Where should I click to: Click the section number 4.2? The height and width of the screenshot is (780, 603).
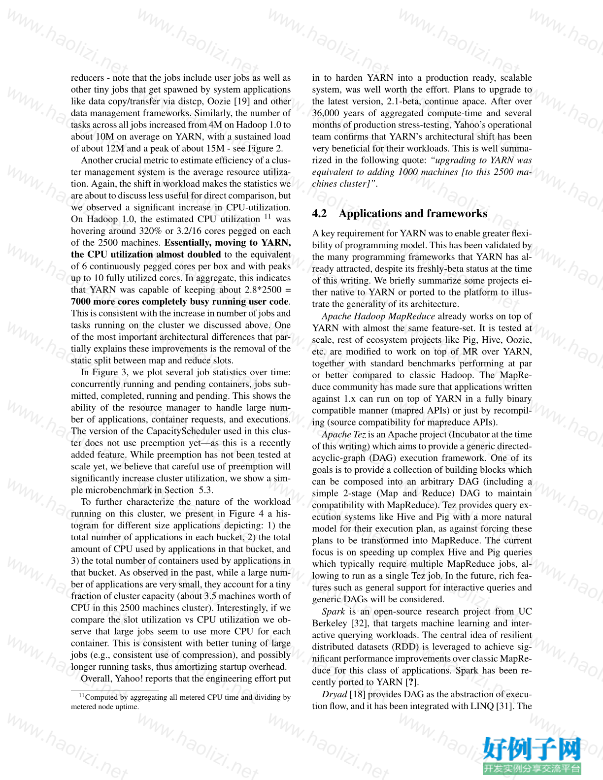coord(321,214)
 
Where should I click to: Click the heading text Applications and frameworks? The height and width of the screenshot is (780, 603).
coord(413,214)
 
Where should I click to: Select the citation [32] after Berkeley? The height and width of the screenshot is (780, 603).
coord(360,623)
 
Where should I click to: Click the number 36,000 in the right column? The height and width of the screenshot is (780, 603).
coord(326,113)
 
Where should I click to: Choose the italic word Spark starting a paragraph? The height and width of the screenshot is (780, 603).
coord(333,612)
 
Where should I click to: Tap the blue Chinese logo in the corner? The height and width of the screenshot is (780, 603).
coord(532,754)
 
